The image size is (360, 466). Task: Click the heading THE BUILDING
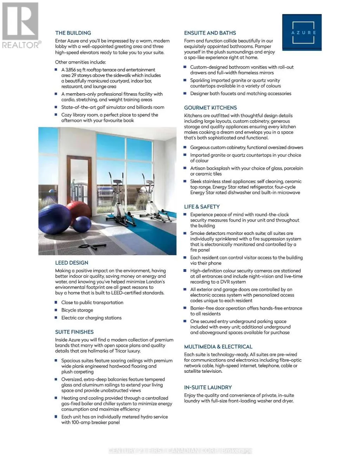coord(73,33)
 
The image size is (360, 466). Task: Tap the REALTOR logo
coord(20,26)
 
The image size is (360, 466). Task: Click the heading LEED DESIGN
coord(72,263)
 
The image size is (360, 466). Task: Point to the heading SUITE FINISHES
coord(74,332)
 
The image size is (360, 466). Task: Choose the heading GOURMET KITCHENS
coord(210,108)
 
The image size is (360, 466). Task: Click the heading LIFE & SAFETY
coord(202,207)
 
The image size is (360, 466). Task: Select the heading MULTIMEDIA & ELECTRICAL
coord(218,347)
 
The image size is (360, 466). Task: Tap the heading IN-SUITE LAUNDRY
coord(208,388)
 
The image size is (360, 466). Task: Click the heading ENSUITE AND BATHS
coord(210,33)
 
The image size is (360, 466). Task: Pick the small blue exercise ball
coord(82,224)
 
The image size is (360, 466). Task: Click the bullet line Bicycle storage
coord(77,310)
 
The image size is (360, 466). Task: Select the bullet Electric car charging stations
coord(91,318)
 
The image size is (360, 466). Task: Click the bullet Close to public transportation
coord(92,303)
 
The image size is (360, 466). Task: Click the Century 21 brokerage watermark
coord(180,451)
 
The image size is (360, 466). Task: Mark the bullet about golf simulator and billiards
coord(112,108)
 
